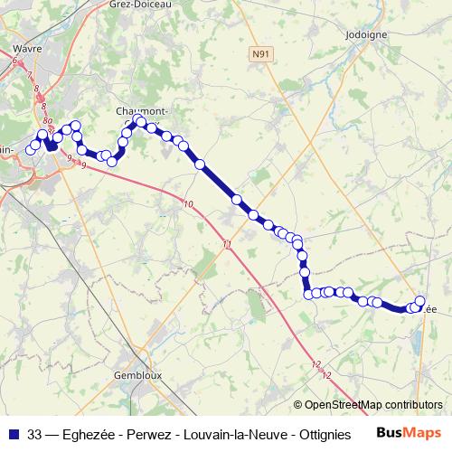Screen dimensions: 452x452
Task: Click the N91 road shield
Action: coord(260,54)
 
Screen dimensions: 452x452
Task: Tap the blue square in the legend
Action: coord(14,432)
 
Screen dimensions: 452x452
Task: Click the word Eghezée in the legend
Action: coord(95,432)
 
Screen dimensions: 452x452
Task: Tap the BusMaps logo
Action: coord(410,431)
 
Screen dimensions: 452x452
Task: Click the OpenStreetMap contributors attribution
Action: coord(369,405)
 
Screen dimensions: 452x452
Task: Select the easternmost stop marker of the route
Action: coord(420,301)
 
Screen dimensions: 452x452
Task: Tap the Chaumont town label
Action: coord(136,111)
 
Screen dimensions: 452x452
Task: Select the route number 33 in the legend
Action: coord(34,432)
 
